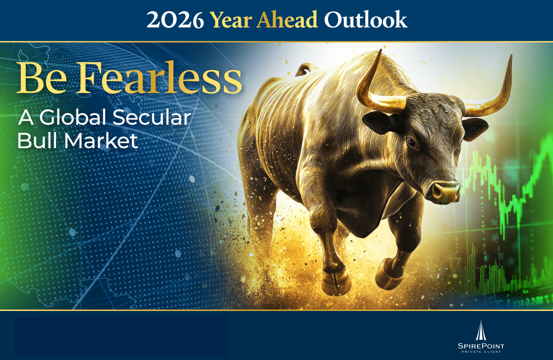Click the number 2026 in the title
(x=175, y=20)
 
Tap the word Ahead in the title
(x=288, y=20)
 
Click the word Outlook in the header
(x=366, y=20)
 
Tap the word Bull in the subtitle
(x=37, y=141)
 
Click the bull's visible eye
(x=411, y=142)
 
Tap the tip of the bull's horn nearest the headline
(x=379, y=51)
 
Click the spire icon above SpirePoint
(x=481, y=330)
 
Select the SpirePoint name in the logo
(x=481, y=346)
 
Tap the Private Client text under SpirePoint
(x=481, y=352)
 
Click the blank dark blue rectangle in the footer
(x=121, y=336)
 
